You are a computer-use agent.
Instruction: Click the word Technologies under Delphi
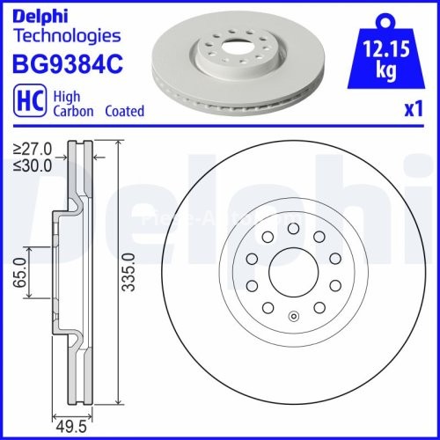point(67,36)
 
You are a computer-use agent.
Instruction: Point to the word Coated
point(124,112)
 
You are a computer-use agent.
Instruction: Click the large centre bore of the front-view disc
point(291,272)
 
